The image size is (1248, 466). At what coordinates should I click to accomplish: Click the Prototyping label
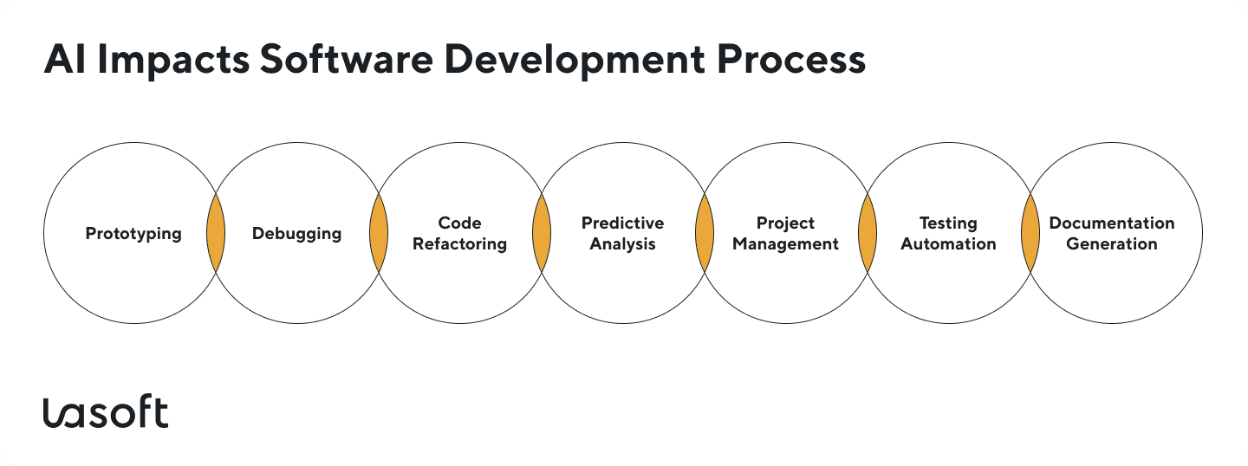click(133, 234)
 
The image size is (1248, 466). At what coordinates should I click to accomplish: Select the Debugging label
click(296, 234)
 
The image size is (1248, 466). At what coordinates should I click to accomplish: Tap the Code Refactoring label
click(459, 234)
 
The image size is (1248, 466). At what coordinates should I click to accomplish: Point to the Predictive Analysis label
click(622, 234)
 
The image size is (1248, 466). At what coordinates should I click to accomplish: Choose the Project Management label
click(785, 234)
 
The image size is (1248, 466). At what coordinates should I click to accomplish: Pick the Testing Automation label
click(948, 234)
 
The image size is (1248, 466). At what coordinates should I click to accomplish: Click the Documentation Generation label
click(1111, 234)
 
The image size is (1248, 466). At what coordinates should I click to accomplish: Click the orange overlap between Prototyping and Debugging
click(216, 234)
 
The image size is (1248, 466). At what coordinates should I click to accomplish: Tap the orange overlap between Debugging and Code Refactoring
click(379, 234)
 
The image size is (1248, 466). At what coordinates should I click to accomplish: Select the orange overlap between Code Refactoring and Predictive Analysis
click(542, 234)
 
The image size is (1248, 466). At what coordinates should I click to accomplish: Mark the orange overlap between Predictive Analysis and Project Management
click(705, 234)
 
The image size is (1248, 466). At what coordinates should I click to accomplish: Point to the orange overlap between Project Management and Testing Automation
click(868, 234)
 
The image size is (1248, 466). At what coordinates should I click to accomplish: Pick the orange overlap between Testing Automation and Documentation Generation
click(1030, 234)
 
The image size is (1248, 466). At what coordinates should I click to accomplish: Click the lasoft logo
click(106, 413)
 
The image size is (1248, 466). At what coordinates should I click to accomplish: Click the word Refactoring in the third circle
click(459, 244)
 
